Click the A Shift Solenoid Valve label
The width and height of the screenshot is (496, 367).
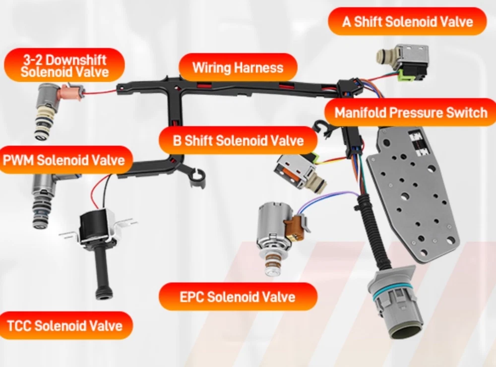[407, 21]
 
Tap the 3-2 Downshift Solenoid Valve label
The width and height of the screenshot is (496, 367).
[64, 65]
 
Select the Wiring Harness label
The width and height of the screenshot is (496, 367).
[238, 67]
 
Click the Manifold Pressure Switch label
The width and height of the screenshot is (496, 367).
[411, 113]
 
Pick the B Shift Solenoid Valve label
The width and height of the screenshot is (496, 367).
[238, 140]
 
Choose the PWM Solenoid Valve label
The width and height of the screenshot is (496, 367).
[64, 160]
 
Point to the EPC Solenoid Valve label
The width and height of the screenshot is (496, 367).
[238, 297]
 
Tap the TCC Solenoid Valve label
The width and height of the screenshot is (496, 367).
[65, 325]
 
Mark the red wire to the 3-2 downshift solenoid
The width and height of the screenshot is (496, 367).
[100, 92]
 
